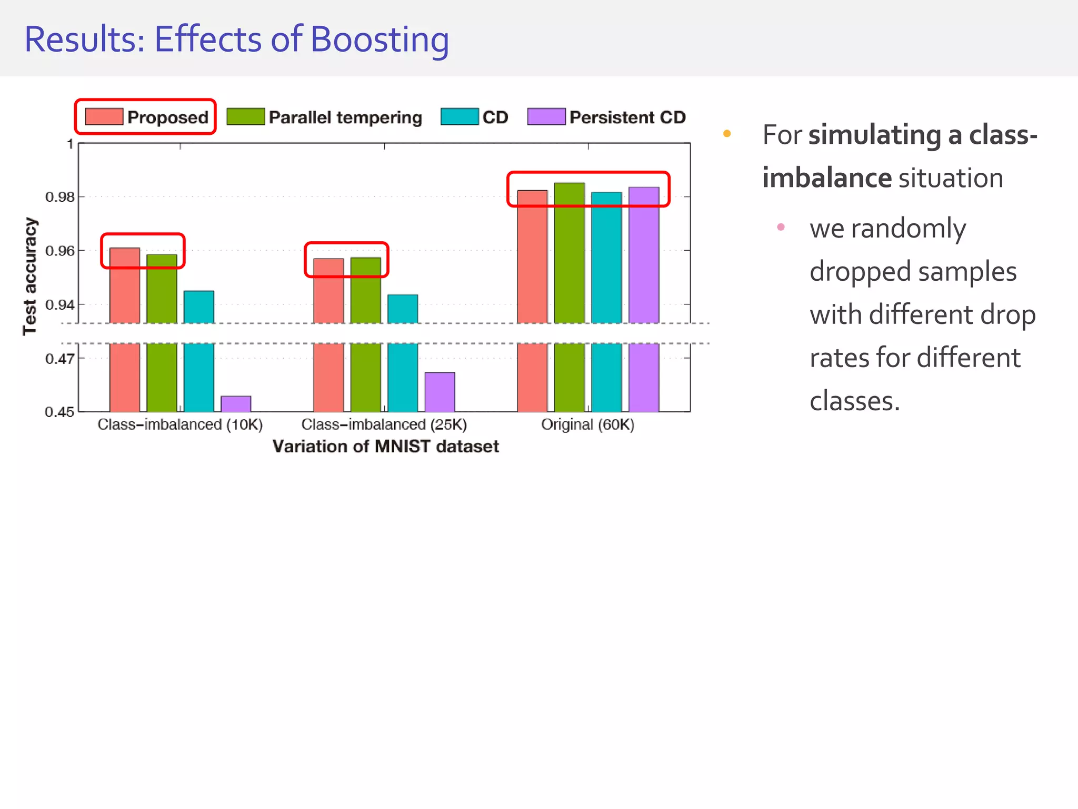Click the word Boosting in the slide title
tap(379, 40)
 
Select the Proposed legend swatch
tap(104, 117)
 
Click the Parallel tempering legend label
tap(345, 117)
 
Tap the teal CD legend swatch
tap(460, 117)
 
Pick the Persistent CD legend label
tap(627, 117)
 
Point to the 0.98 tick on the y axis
tap(59, 198)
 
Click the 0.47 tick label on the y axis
tap(59, 359)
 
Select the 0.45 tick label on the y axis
tap(59, 412)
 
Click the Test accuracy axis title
tap(30, 277)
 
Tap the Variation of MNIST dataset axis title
tap(385, 447)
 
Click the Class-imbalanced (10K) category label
tap(180, 425)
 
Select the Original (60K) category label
tap(587, 425)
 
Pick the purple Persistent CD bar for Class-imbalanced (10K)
tap(236, 404)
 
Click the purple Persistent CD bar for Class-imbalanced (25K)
tap(440, 392)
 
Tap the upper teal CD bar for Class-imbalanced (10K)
tap(199, 307)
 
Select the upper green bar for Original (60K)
tap(570, 253)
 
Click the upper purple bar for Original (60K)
tap(644, 255)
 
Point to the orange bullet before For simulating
tap(727, 134)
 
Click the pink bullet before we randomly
tap(781, 227)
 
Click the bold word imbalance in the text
tap(826, 178)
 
